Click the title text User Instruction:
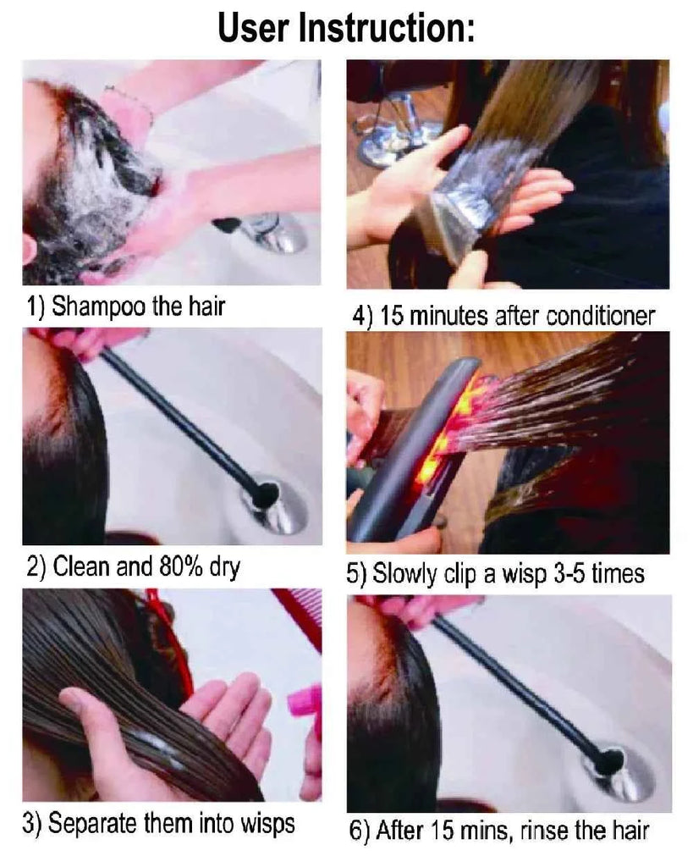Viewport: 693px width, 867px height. (x=346, y=27)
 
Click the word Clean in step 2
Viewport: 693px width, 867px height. (x=81, y=566)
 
